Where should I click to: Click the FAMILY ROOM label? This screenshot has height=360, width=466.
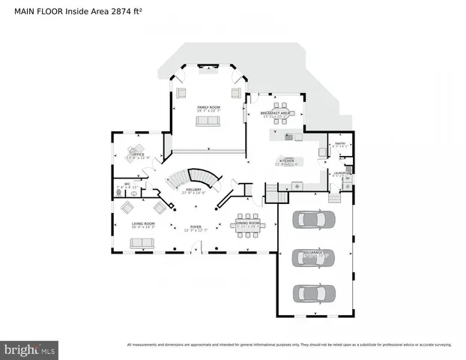(x=208, y=107)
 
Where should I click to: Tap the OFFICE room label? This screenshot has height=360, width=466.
(x=138, y=155)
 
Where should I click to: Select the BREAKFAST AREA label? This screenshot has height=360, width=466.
(x=276, y=114)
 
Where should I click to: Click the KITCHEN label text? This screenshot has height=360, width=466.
(x=287, y=160)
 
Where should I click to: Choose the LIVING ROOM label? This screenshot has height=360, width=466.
(x=143, y=223)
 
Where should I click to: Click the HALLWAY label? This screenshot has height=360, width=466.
(x=193, y=190)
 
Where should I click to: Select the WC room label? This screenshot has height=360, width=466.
(x=127, y=183)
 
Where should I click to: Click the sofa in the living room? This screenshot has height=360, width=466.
(x=142, y=243)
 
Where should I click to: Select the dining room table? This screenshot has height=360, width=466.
(x=248, y=228)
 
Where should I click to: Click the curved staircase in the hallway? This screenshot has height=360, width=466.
(x=193, y=178)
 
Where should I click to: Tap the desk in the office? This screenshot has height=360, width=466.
(x=136, y=150)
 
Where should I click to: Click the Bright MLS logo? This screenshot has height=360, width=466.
(x=30, y=349)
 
